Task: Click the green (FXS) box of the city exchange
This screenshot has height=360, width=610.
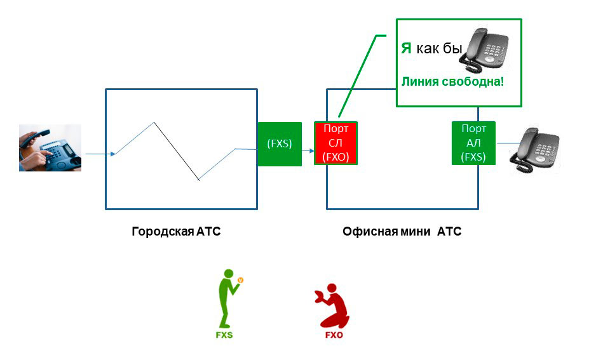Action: (x=280, y=143)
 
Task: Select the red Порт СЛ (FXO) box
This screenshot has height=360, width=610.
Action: (x=336, y=143)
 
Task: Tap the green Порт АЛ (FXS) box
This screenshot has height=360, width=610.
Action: (x=473, y=143)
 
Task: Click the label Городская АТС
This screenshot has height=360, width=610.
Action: (x=176, y=232)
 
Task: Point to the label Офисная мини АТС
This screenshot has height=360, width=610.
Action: (x=402, y=232)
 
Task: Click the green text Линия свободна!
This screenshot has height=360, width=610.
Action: (x=451, y=82)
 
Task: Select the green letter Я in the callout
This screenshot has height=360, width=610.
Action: (x=406, y=48)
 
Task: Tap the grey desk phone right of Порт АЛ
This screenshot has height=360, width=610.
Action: (x=535, y=150)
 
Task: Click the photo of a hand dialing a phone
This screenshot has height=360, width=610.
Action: (x=50, y=147)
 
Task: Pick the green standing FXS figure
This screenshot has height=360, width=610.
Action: (x=227, y=298)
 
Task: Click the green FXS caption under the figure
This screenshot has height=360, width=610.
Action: (x=224, y=335)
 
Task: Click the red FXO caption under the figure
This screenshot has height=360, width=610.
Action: (x=333, y=335)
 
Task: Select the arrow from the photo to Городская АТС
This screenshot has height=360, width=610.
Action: (x=98, y=154)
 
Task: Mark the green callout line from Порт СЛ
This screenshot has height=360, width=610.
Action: (x=356, y=76)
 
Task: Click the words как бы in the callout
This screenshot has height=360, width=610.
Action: (x=438, y=48)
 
